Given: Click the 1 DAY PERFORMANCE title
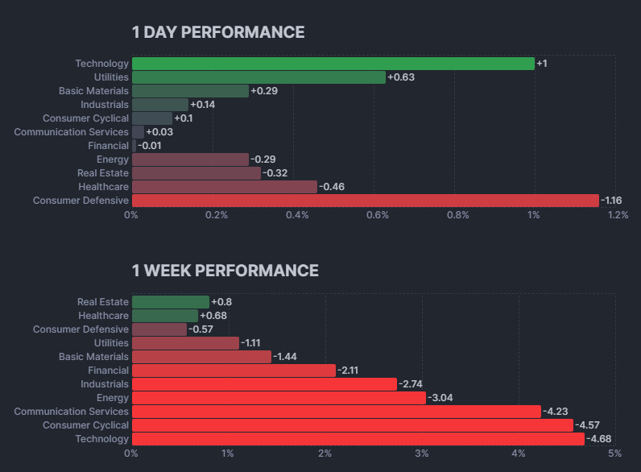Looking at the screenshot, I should coord(218,32).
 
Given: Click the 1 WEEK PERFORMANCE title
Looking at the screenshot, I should coord(225,271).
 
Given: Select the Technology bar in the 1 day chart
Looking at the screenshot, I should coord(333,64).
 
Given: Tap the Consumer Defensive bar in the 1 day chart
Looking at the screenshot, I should coord(365,201).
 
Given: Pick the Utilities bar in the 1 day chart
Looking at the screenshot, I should coord(258,77).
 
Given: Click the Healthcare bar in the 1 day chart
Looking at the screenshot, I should coord(224,187).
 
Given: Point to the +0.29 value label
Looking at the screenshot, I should coord(264,91).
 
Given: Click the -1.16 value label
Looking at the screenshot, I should coord(613,201).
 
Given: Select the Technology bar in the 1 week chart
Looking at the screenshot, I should coord(358,439).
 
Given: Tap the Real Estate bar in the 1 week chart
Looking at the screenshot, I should coord(170,302).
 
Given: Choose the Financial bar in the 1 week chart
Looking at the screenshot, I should coord(234,371).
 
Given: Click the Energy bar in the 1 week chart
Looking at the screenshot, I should coord(279,398).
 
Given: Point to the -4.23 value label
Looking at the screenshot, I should coord(555,412).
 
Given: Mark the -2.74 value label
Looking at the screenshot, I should coord(411,384).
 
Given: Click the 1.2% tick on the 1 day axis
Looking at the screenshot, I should coord(618,215).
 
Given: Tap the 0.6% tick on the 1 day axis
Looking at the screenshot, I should coord(377,215).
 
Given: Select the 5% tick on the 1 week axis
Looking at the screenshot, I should coord(614,453).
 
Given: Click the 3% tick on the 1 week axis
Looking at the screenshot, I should coord(421,453).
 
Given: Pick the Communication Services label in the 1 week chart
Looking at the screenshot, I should coord(71,412).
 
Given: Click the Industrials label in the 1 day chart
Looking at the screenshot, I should coord(104,105).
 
